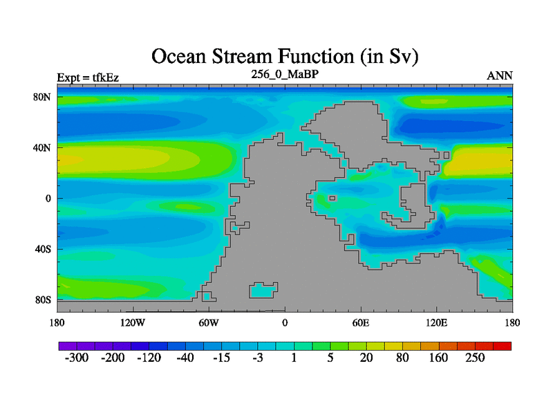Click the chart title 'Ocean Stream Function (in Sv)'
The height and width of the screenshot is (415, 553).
click(285, 57)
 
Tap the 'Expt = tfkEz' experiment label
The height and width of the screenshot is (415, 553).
click(88, 77)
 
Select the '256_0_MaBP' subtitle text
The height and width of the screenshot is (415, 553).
click(285, 74)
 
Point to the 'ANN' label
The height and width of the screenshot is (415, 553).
click(500, 76)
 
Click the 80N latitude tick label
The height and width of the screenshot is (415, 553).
click(42, 97)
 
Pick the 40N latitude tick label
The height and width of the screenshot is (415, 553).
click(42, 147)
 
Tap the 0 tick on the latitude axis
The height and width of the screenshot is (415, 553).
click(48, 199)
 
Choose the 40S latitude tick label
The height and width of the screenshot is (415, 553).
click(43, 249)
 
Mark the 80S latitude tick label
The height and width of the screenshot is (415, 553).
click(43, 300)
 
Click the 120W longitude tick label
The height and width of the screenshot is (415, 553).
click(133, 322)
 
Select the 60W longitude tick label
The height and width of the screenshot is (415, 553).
click(209, 322)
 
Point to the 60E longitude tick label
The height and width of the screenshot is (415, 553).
click(361, 322)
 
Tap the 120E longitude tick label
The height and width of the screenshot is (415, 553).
click(437, 322)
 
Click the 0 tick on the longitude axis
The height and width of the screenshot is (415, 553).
click(285, 322)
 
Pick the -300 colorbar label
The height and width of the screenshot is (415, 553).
click(77, 358)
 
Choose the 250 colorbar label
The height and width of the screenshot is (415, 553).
click(475, 358)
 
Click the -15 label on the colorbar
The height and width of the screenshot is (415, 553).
click(221, 358)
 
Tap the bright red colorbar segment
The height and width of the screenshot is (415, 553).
click(503, 346)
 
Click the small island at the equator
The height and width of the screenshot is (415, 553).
click(332, 199)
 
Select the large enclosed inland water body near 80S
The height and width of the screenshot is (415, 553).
click(263, 290)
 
